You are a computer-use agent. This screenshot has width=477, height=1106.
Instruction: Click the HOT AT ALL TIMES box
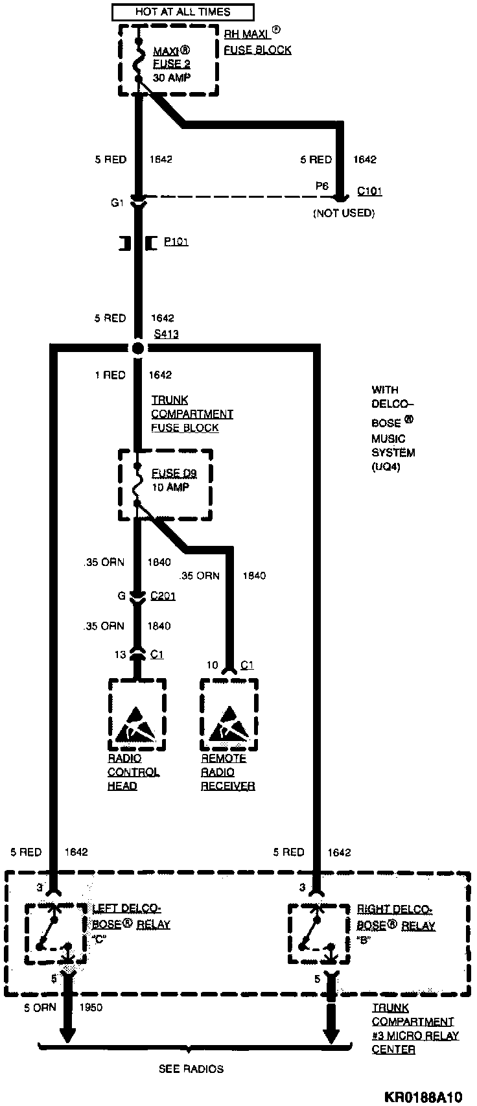(182, 12)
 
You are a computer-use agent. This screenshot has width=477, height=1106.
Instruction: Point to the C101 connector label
(370, 191)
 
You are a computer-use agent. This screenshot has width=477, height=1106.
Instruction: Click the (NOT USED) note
(343, 213)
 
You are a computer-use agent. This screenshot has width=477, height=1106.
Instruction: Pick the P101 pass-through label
(176, 242)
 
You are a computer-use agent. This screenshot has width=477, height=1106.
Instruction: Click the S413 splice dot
(137, 349)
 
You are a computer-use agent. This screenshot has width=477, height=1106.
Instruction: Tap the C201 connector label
(163, 596)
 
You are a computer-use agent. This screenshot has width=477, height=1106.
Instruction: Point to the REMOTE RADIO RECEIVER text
(227, 772)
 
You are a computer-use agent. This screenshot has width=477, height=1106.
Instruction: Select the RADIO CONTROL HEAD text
(133, 772)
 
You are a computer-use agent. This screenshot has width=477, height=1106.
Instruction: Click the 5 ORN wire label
(40, 1007)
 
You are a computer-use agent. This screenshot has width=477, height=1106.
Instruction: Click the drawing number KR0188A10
(423, 1097)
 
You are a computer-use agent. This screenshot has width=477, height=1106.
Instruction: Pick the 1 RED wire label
(110, 375)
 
